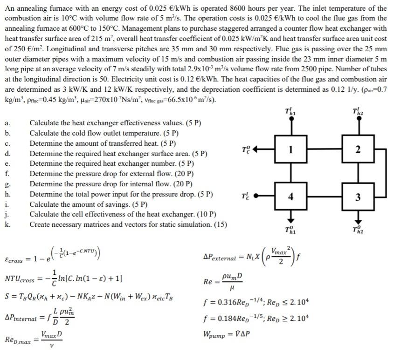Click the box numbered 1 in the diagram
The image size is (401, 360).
pos(291,149)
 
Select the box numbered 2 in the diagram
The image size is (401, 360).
pos(358,149)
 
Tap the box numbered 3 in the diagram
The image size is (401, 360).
pos(358,197)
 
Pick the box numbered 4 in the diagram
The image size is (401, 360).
pos(291,197)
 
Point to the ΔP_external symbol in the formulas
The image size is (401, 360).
pos(220,257)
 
